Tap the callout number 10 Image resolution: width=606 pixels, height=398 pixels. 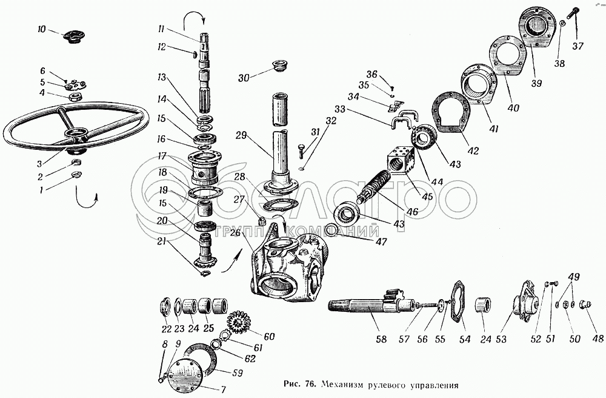[x=41, y=29]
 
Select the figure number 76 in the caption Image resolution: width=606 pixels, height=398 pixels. [x=309, y=385]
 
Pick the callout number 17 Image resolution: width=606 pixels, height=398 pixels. [x=162, y=156]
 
